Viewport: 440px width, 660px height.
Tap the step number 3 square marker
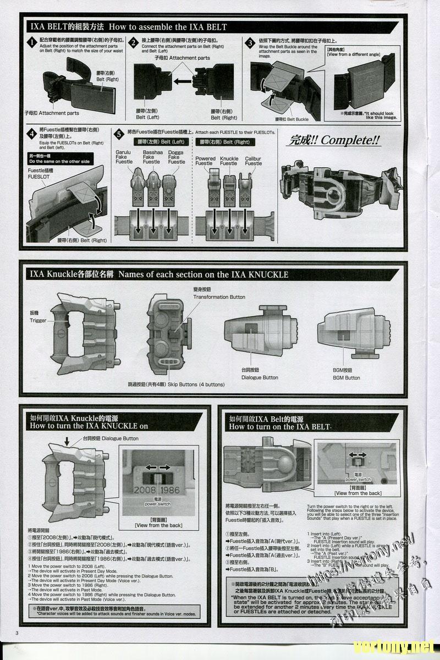250,42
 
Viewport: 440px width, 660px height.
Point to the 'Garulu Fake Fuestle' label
124,157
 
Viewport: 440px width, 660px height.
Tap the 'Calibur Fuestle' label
253,161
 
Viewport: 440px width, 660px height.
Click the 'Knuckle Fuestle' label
229,161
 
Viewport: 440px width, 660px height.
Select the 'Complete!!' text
334,140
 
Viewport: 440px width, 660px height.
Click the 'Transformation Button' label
219,297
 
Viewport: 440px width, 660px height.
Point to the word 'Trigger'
38,320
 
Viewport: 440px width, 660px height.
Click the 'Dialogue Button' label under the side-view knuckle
259,378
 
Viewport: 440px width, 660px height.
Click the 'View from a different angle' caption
354,54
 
